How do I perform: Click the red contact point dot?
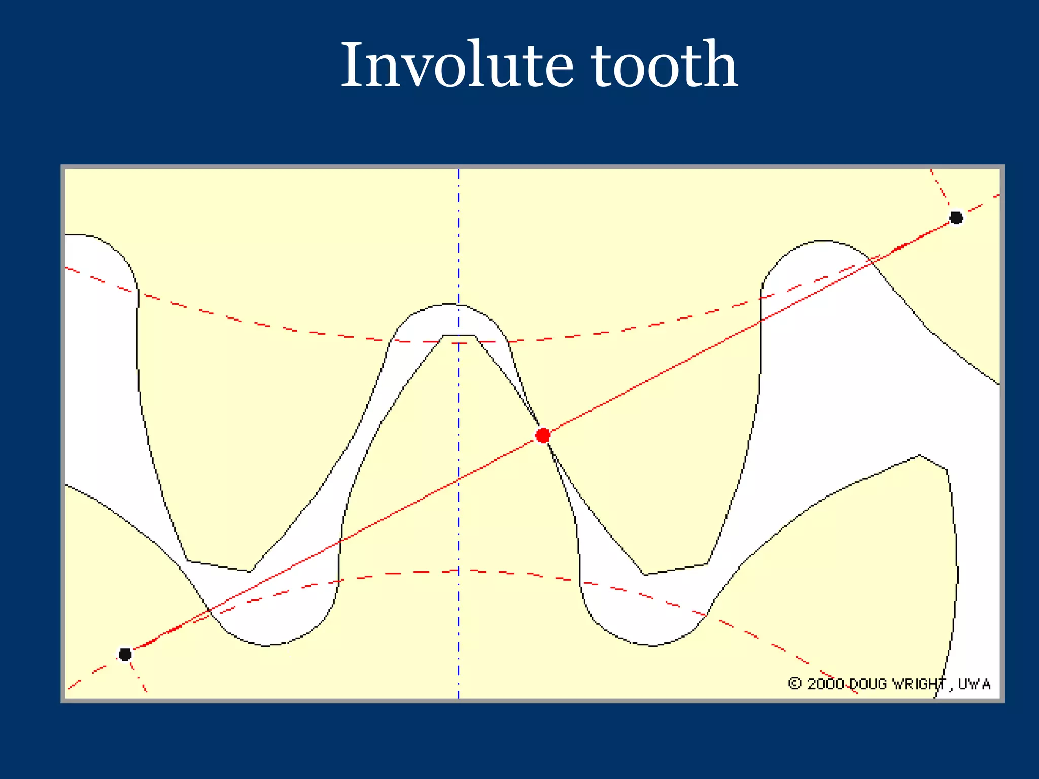pyautogui.click(x=543, y=435)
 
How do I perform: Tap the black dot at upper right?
pyautogui.click(x=956, y=218)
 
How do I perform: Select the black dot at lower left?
pyautogui.click(x=125, y=654)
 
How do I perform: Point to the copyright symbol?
pyautogui.click(x=794, y=683)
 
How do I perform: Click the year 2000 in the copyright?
pyautogui.click(x=825, y=684)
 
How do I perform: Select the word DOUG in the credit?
pyautogui.click(x=868, y=684)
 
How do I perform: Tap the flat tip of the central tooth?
pyautogui.click(x=459, y=335)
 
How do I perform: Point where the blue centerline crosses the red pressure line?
pyautogui.click(x=459, y=479)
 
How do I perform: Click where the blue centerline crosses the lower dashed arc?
pyautogui.click(x=459, y=571)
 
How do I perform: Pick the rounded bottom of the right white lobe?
pyautogui.click(x=653, y=645)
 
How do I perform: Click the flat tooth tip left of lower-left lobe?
pyautogui.click(x=218, y=566)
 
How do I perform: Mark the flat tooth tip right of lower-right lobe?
pyautogui.click(x=676, y=569)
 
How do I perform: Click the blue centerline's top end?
pyautogui.click(x=459, y=171)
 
